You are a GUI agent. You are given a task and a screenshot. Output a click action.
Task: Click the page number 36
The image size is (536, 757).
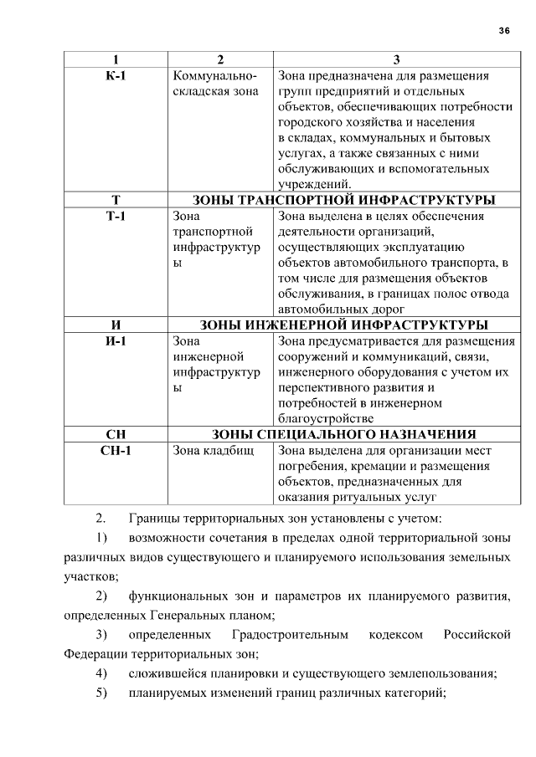[504, 30]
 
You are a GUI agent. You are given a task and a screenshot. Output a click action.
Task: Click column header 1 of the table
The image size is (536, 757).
[116, 59]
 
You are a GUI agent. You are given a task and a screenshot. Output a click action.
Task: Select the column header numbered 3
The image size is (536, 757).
[396, 59]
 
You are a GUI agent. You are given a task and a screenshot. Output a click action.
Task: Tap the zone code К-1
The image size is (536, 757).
[116, 75]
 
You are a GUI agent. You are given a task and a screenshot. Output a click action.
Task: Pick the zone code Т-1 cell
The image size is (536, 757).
[116, 217]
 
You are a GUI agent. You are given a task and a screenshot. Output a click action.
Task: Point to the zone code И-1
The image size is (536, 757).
[116, 341]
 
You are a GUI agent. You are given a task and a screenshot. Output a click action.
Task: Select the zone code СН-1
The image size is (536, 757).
[116, 451]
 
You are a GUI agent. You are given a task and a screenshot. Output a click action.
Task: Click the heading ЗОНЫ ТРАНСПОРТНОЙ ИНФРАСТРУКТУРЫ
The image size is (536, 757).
[343, 201]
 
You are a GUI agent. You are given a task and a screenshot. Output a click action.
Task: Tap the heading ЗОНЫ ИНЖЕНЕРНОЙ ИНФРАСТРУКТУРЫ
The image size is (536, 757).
[343, 325]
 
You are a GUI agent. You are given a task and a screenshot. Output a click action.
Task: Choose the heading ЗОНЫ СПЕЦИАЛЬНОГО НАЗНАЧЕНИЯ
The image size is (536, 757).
[343, 435]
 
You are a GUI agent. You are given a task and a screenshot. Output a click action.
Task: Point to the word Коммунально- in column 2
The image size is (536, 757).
[213, 75]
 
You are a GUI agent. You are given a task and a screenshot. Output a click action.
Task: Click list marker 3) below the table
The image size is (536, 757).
[102, 635]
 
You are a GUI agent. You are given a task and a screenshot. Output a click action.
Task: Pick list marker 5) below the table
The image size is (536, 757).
[102, 693]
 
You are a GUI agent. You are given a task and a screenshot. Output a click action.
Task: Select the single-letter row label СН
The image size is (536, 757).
[116, 435]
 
